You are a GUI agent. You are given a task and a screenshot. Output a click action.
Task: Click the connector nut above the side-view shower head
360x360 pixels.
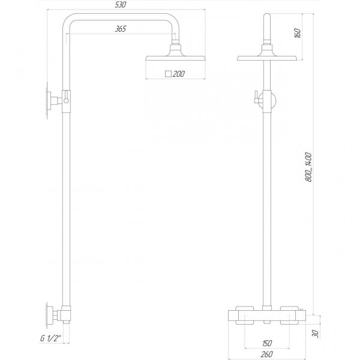176,47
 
